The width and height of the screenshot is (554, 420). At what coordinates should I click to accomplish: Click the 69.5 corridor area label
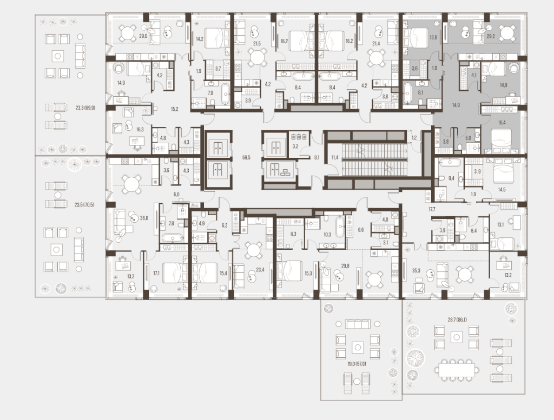(x=247, y=157)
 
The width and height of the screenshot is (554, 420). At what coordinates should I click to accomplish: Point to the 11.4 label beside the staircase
(x=335, y=157)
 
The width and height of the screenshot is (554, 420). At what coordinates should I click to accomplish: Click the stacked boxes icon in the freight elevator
(x=283, y=172)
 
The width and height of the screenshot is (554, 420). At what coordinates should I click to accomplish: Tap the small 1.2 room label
(x=415, y=138)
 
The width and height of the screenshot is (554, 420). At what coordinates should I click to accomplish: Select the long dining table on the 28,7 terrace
(x=457, y=371)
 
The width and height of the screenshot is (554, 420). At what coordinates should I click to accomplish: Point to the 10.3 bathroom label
(x=327, y=234)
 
